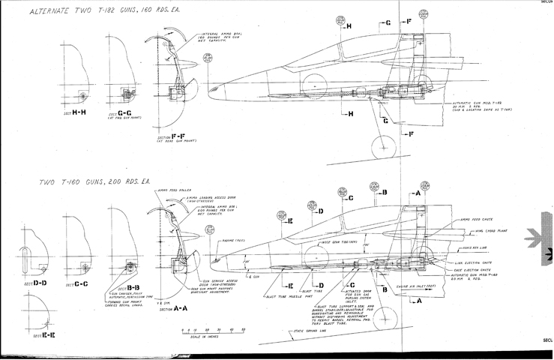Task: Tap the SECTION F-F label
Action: coord(172,138)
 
